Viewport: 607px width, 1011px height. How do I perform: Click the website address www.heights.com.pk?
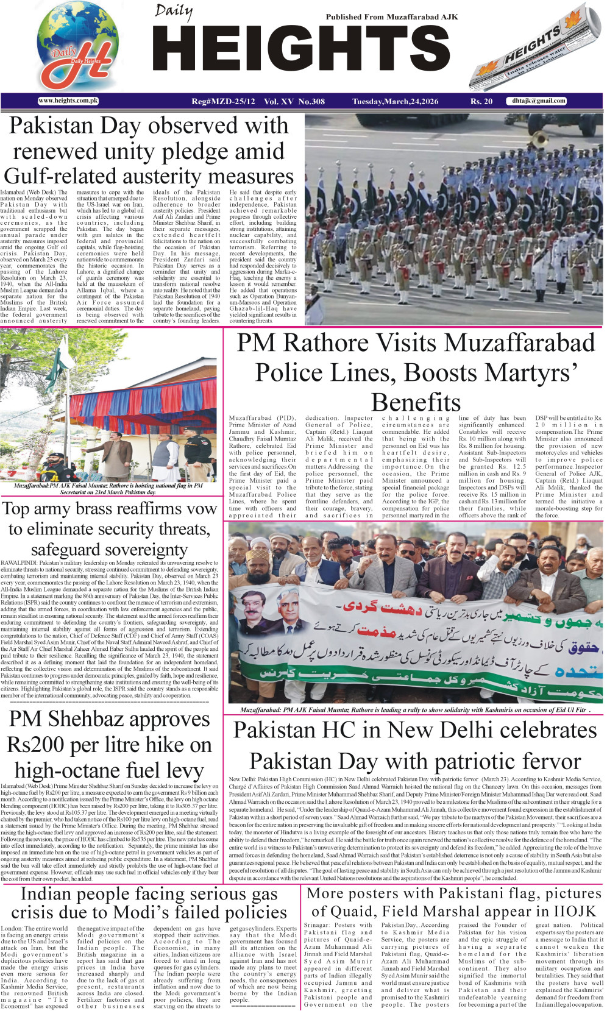click(68, 101)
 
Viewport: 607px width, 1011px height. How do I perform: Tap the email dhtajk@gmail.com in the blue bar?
click(539, 101)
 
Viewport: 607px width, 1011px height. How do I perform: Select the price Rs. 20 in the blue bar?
click(481, 101)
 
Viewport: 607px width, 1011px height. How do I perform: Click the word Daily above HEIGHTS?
click(174, 12)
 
